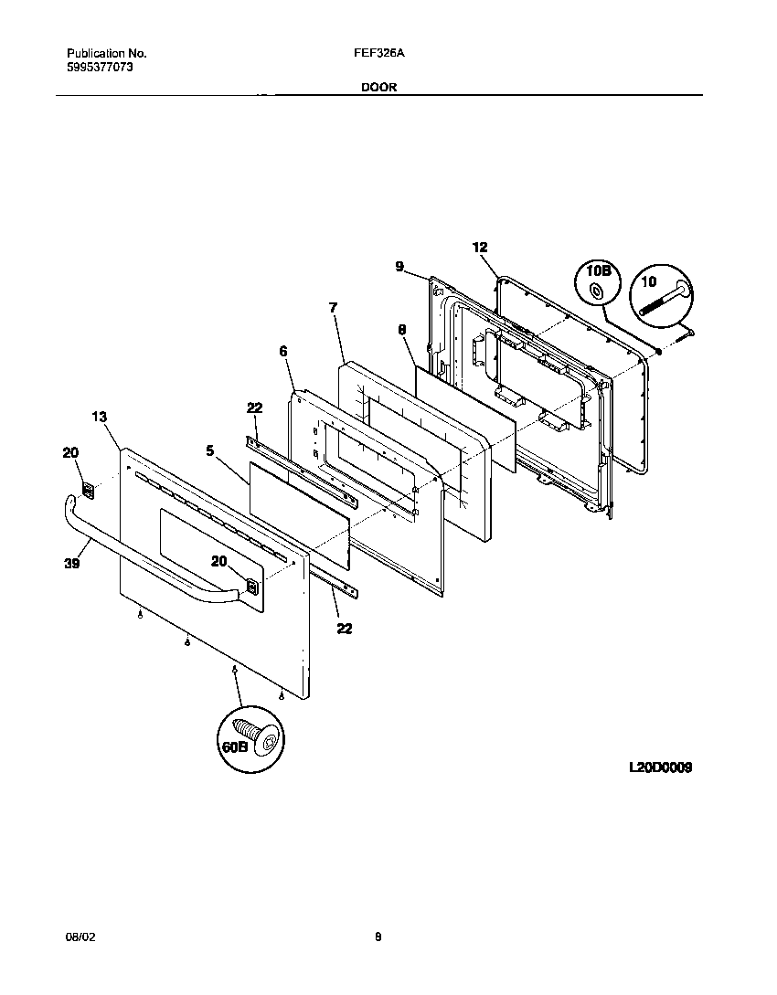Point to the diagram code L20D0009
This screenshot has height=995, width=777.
click(659, 768)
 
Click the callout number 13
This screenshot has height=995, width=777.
click(100, 417)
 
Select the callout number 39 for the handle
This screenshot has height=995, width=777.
click(72, 565)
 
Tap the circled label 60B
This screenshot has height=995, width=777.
click(234, 746)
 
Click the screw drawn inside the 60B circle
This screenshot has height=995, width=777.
click(258, 737)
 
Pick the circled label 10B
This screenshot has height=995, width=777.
click(597, 271)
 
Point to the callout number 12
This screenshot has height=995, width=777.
click(480, 247)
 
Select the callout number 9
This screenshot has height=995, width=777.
click(399, 266)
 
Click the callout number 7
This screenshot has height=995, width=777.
click(333, 308)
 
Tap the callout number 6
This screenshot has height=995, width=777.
click(282, 351)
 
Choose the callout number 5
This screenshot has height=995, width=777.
click(210, 450)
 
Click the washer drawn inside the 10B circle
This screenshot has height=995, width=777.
click(597, 291)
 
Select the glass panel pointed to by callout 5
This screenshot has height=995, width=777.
click(300, 513)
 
